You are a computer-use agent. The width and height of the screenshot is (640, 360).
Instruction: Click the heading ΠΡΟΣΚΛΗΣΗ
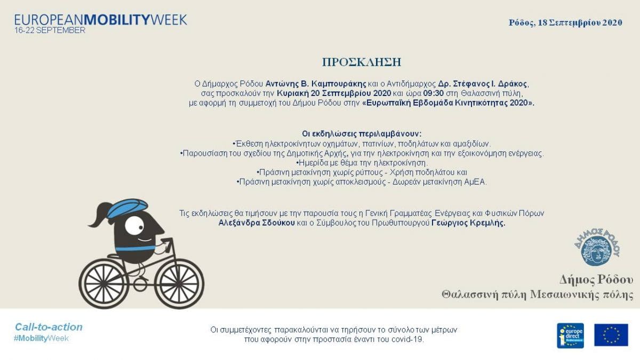(362, 62)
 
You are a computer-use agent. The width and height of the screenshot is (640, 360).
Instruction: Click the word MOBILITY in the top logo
(117, 20)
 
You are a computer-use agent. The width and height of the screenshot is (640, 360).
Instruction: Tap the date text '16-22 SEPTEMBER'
(50, 30)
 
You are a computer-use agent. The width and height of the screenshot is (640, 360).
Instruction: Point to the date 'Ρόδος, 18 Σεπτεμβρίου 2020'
(565, 22)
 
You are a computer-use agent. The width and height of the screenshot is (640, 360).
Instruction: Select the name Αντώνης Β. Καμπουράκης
(316, 84)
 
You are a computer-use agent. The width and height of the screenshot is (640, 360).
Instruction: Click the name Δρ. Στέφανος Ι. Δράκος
(483, 84)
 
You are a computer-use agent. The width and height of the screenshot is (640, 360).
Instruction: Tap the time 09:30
(433, 93)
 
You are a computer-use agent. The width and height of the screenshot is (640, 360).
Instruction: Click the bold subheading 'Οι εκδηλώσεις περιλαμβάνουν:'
(362, 134)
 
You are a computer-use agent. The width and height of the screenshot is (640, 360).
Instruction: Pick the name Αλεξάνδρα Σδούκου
(257, 222)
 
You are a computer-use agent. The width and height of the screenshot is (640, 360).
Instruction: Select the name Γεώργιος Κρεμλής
(468, 222)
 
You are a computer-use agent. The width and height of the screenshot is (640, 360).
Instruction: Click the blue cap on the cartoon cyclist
(127, 207)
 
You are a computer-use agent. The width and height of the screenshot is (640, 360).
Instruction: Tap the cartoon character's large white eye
(134, 226)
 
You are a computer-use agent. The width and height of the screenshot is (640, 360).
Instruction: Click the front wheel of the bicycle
(179, 283)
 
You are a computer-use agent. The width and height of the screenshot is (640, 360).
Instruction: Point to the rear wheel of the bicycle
(103, 283)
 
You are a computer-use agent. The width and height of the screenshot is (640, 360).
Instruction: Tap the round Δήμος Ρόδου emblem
(597, 247)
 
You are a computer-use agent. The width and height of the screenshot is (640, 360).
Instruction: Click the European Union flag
(611, 335)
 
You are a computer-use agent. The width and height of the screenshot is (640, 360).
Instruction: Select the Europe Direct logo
(570, 335)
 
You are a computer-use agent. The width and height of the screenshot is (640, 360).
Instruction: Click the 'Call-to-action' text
(49, 327)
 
